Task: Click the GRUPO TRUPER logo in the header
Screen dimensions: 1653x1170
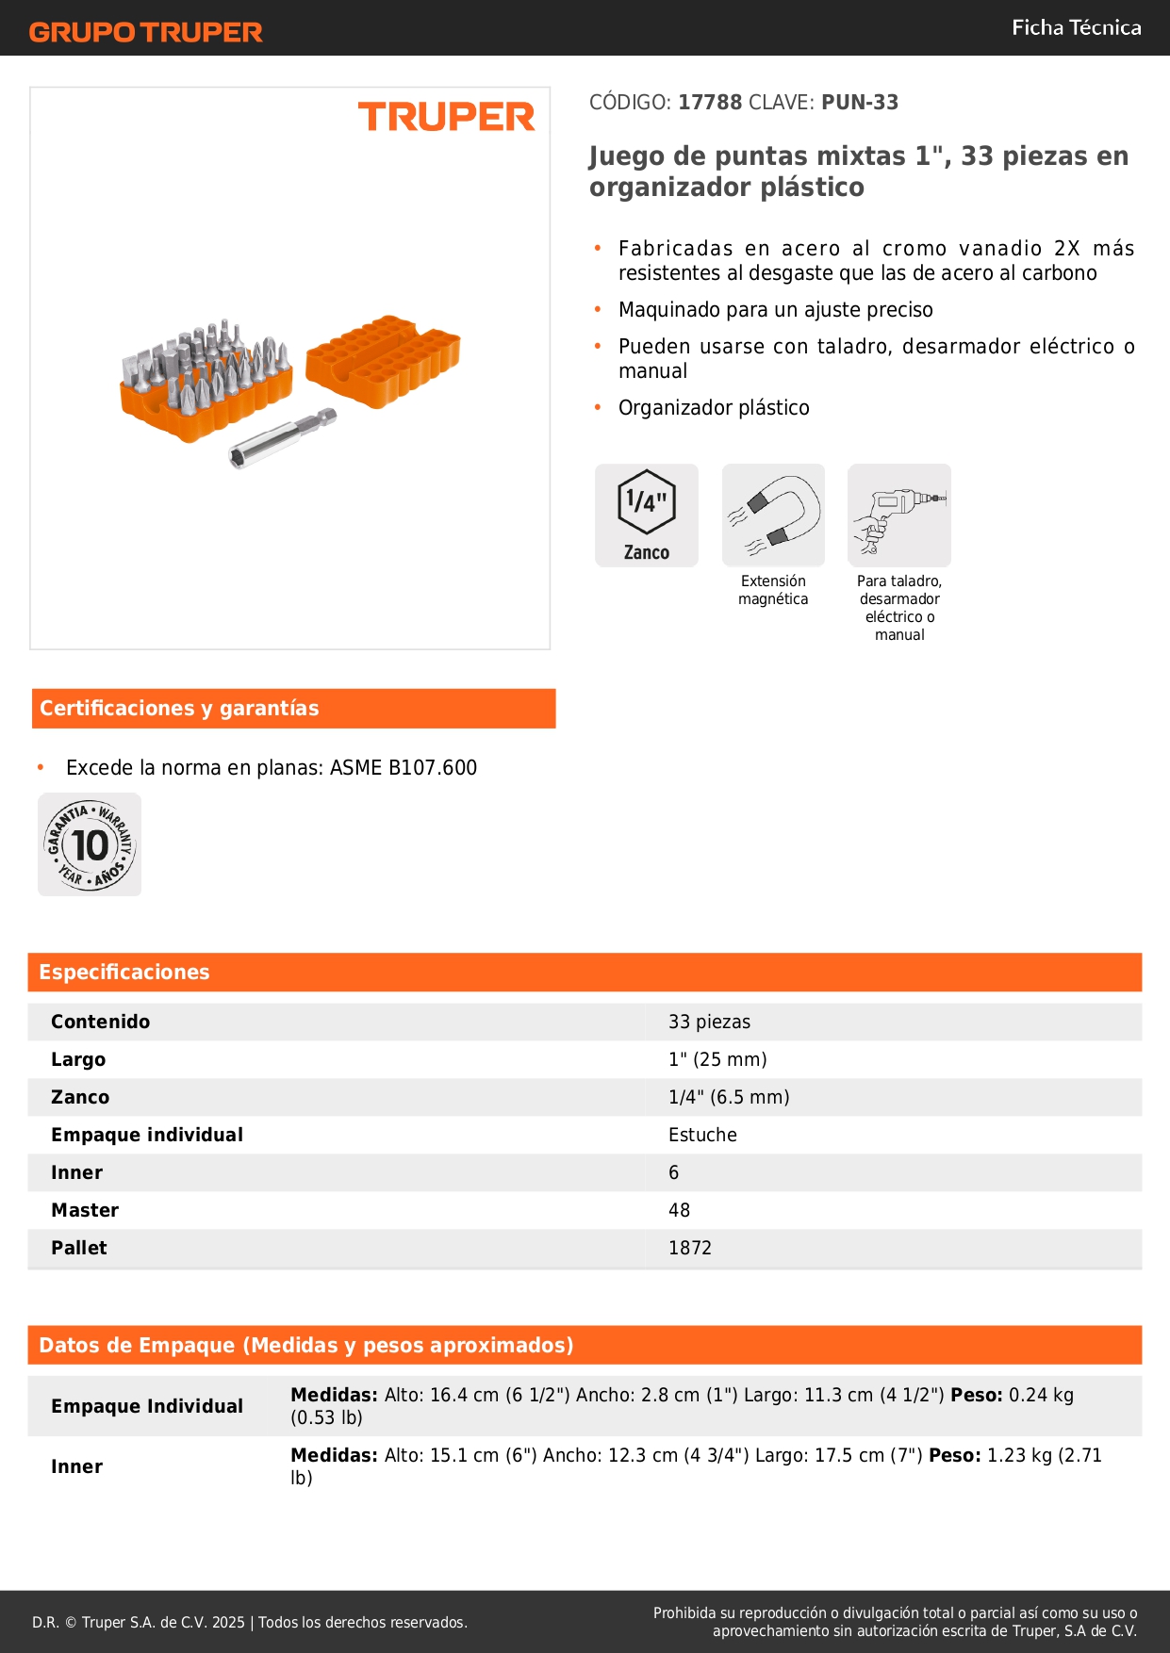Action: point(145,32)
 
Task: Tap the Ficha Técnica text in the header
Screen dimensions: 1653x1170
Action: point(1076,27)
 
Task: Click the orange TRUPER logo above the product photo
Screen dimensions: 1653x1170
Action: point(446,117)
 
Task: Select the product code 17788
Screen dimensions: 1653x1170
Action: point(710,102)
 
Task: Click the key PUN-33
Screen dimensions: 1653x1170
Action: point(859,102)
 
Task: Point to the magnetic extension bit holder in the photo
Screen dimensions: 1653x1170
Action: point(282,437)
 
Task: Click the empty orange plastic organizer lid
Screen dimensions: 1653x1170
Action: point(384,359)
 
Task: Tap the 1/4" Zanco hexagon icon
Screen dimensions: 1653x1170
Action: point(646,515)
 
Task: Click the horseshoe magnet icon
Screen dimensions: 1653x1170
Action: point(773,515)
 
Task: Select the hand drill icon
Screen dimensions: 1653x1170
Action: point(898,515)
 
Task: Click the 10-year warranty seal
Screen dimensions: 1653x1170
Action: point(90,844)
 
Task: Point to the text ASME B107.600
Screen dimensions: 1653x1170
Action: point(404,767)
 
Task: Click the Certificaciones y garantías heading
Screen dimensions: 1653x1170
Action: point(179,708)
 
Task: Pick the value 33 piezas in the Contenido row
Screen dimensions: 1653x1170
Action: point(709,1022)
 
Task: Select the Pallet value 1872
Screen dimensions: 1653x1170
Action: point(689,1248)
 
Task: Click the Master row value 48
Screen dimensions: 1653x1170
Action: point(679,1210)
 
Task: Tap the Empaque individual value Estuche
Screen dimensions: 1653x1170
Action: point(702,1135)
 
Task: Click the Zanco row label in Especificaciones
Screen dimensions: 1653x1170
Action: point(80,1097)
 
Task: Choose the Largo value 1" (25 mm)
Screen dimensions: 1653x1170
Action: point(717,1059)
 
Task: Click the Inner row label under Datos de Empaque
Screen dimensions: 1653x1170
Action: point(76,1466)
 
